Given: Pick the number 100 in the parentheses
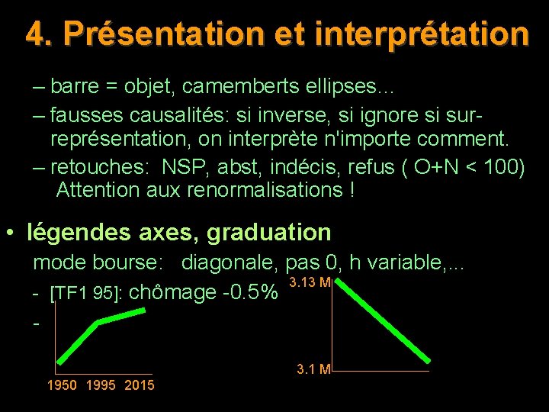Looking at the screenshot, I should click(x=502, y=166).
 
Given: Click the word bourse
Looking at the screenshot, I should click(x=130, y=262).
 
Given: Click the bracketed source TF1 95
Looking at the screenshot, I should click(x=85, y=294).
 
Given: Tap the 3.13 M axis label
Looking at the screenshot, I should click(x=310, y=283).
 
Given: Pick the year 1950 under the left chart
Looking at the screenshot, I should click(x=62, y=385).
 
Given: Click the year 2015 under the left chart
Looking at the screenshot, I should click(x=139, y=385).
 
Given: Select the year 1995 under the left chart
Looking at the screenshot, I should click(x=101, y=385).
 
